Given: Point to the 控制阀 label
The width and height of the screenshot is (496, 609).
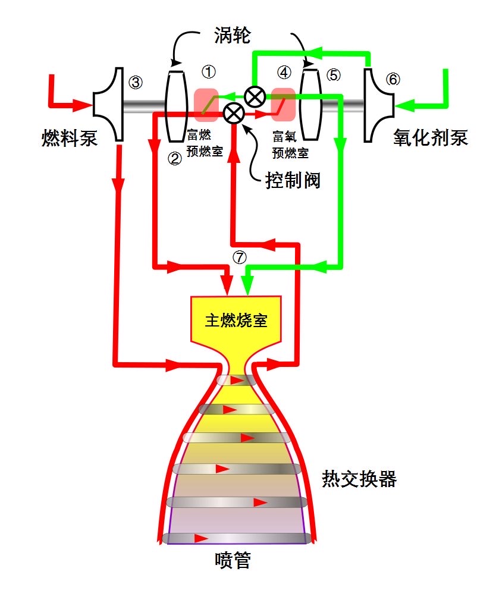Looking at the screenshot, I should click(x=293, y=179).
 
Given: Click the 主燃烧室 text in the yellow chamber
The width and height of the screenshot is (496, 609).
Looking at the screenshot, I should click(x=236, y=321).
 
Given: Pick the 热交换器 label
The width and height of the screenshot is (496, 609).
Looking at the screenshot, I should click(x=359, y=479).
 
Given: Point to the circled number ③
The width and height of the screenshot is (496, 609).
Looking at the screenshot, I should click(x=136, y=82).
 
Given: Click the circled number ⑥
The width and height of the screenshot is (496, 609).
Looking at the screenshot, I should click(x=393, y=80).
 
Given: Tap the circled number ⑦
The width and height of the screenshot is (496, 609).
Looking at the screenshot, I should click(x=239, y=257).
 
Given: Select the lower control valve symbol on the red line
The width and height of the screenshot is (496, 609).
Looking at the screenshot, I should click(x=233, y=112).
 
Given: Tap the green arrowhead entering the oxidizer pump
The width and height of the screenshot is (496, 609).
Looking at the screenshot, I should click(x=404, y=106).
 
